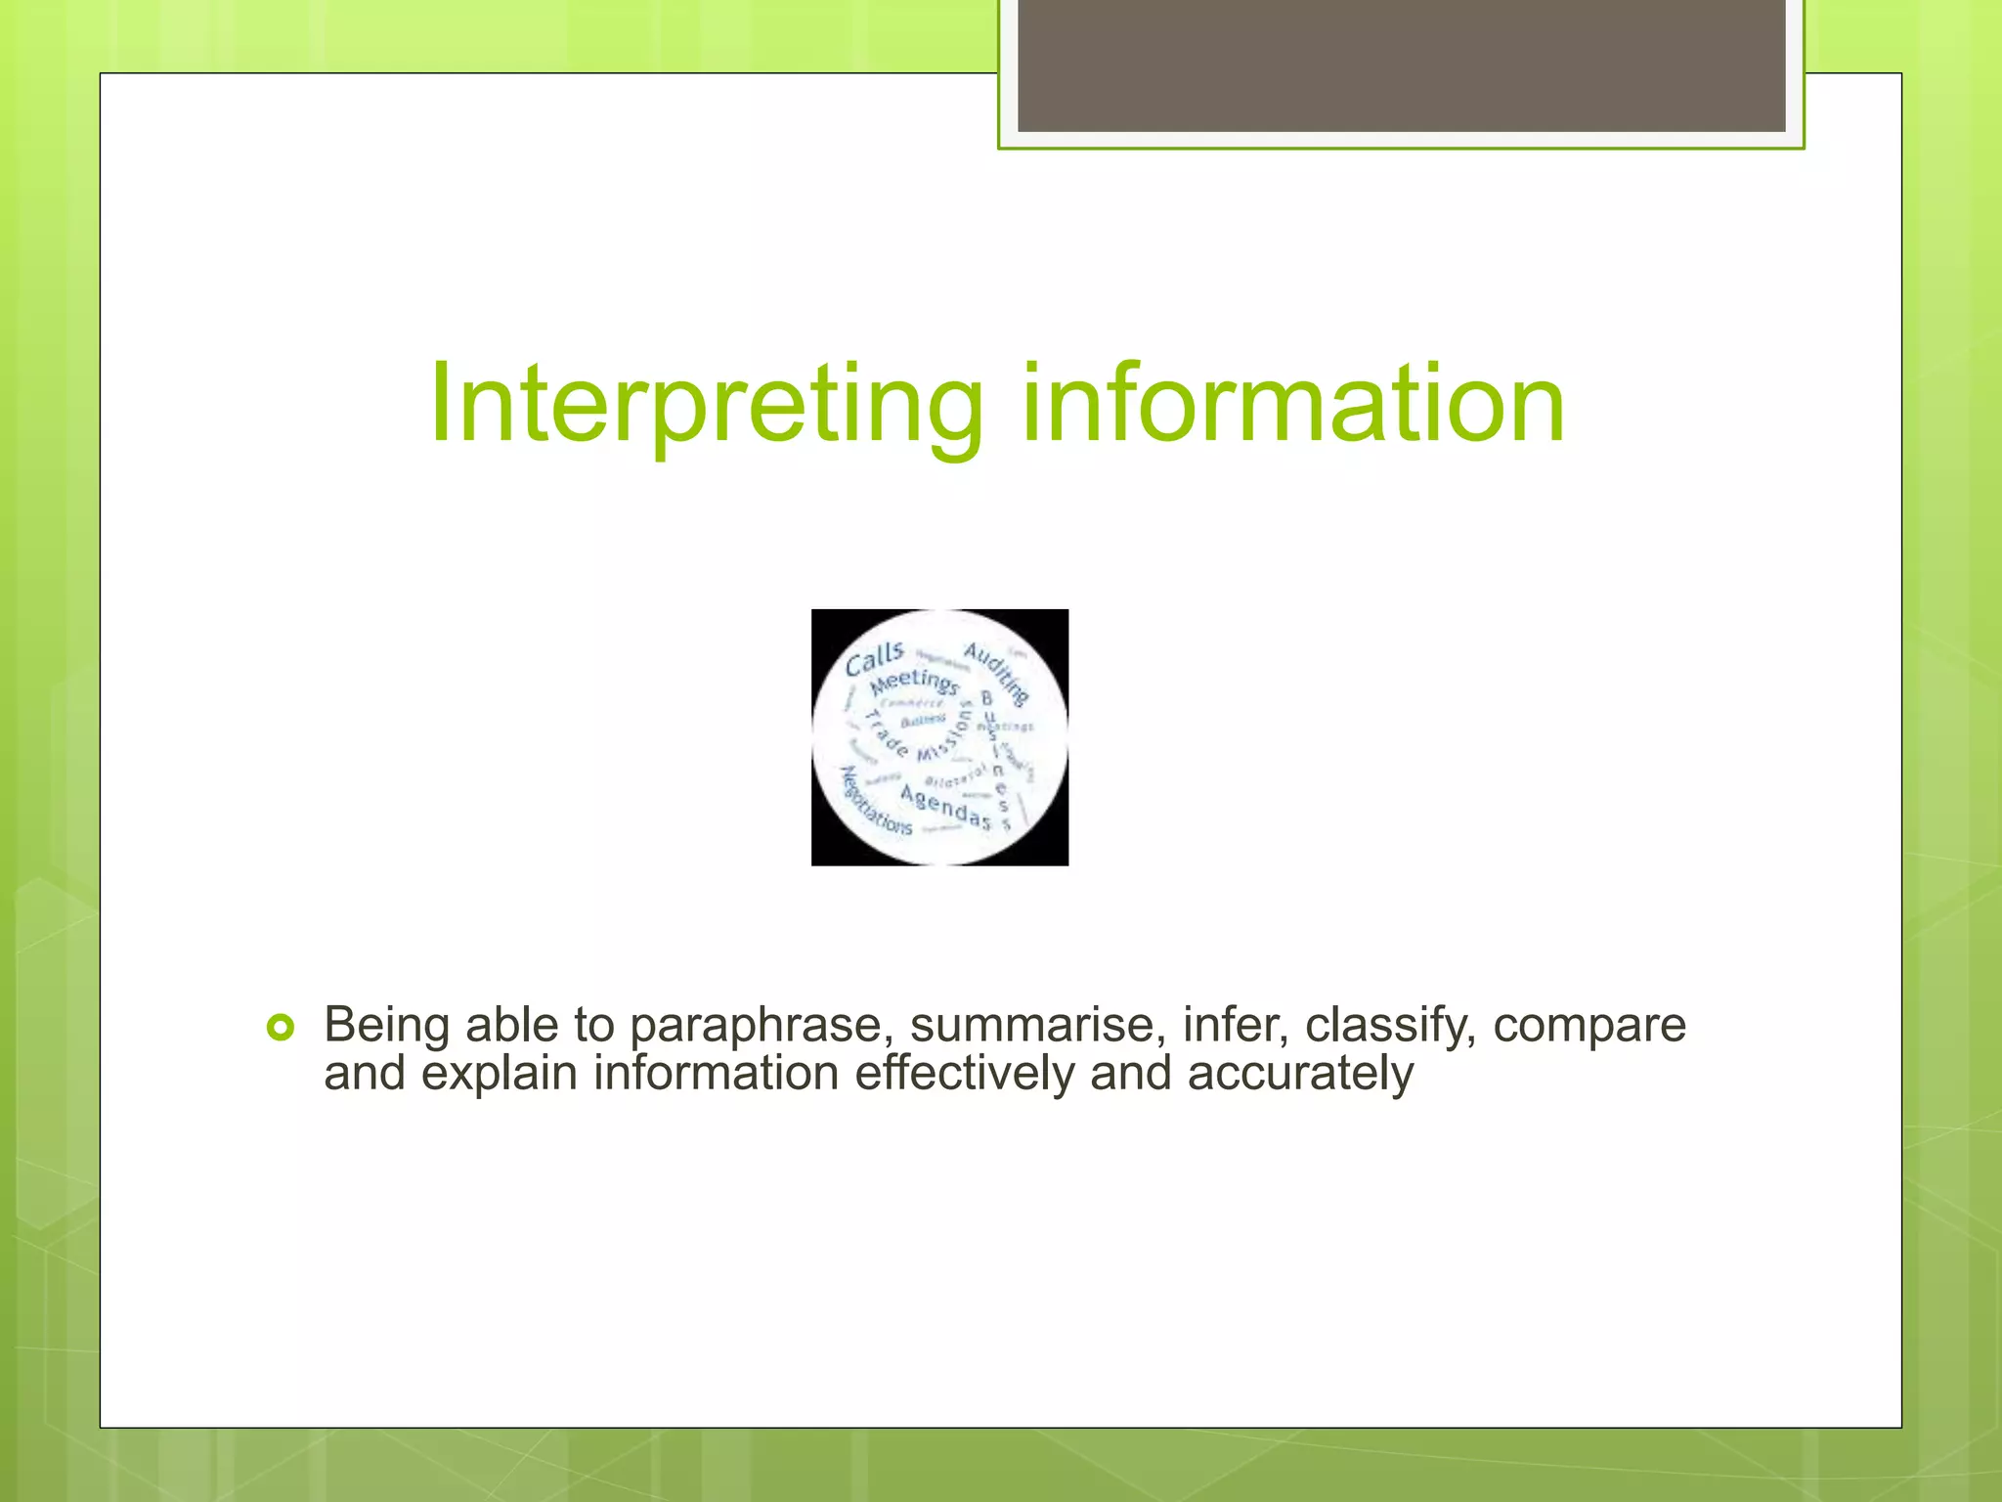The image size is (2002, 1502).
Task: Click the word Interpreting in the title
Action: [705, 404]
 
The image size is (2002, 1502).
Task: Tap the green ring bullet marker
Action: [281, 1028]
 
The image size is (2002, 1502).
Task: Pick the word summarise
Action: [1037, 1025]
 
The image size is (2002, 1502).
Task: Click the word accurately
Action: [1300, 1074]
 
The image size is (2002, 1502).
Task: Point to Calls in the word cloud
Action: [874, 660]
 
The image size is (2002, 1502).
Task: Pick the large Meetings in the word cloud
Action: [915, 680]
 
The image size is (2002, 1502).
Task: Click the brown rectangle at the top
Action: [1401, 66]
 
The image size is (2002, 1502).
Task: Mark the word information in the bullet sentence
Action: [716, 1073]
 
